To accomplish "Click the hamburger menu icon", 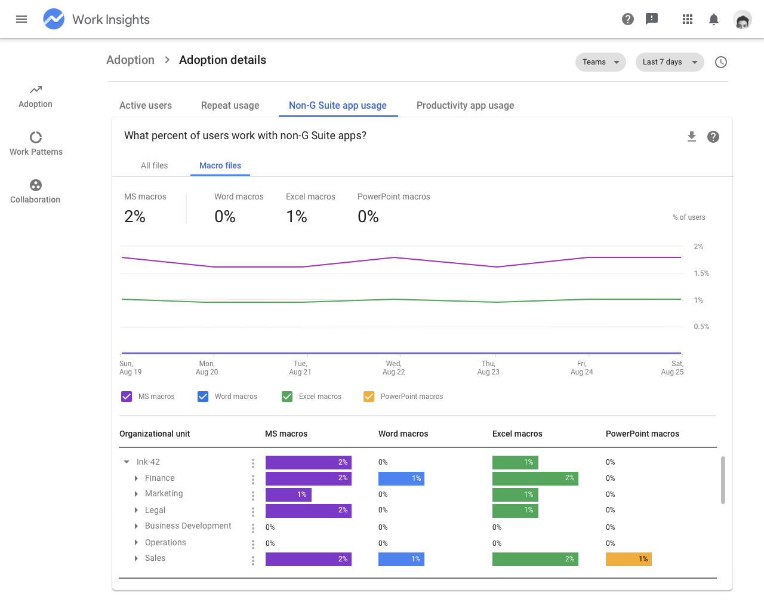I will coord(21,19).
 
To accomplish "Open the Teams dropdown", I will coord(600,62).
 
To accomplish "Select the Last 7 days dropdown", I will coord(670,62).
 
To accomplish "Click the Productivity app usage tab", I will coord(465,106).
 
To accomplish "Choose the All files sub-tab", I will coord(154,166).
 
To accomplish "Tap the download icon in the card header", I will coord(692,137).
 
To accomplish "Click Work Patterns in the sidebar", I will coord(36,143).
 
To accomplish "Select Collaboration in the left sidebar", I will coord(35,191).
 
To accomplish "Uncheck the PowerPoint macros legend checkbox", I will coord(369,397).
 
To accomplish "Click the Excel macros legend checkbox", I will coord(287,397).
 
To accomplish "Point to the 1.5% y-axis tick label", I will coord(701,274).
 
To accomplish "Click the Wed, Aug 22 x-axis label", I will coord(393,368).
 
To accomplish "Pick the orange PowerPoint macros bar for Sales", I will coord(629,559).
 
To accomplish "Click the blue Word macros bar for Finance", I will coord(401,478).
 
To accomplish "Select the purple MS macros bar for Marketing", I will coord(288,495).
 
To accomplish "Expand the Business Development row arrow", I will coord(136,526).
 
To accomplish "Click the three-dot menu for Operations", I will coord(253,544).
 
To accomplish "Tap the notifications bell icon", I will coord(714,19).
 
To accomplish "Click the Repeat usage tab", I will coord(230,106).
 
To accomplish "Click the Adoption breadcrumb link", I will coord(130,60).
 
